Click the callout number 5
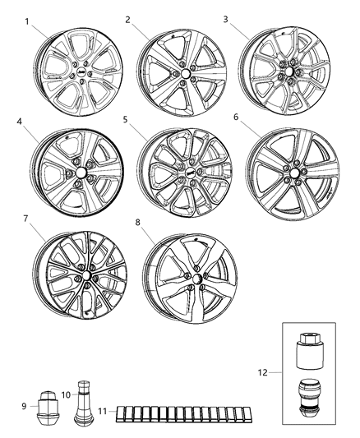coord(126,120)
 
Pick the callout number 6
coord(236,118)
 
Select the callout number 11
coord(100,411)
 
